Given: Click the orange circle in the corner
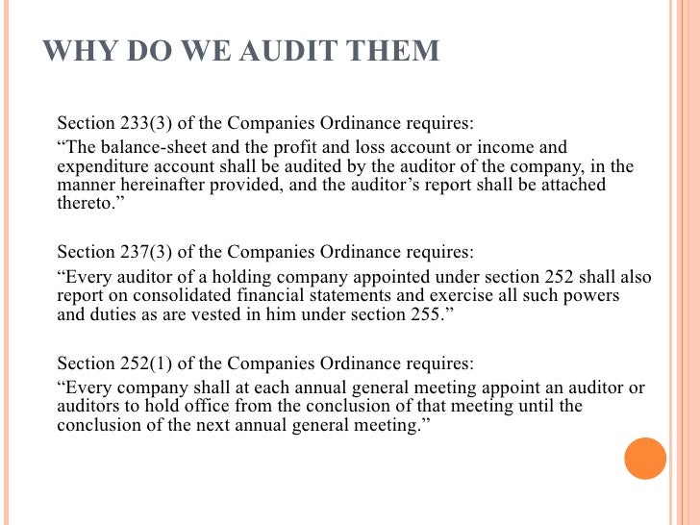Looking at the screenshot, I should [645, 459].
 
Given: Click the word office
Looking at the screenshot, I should [210, 407].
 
